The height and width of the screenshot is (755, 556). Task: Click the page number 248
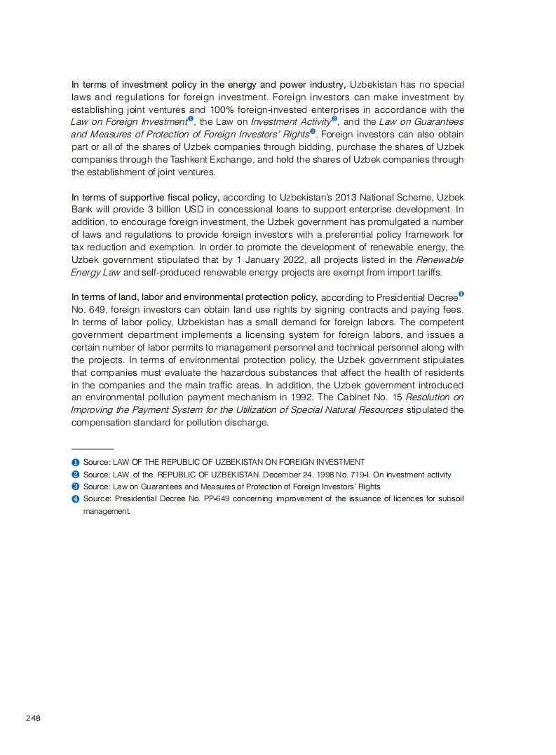point(33,718)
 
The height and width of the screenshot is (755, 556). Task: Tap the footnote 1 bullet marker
point(75,462)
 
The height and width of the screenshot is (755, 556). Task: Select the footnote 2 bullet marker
point(75,475)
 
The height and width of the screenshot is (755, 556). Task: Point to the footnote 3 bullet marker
point(75,487)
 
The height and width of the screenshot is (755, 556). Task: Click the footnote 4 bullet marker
point(75,499)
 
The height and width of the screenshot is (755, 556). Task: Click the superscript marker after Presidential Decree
point(461,294)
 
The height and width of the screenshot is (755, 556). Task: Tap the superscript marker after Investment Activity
point(334,118)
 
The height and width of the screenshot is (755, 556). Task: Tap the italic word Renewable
point(440,260)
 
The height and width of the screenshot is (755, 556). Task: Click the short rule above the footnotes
point(92,449)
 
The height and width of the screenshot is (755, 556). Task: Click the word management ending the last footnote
point(107,512)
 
